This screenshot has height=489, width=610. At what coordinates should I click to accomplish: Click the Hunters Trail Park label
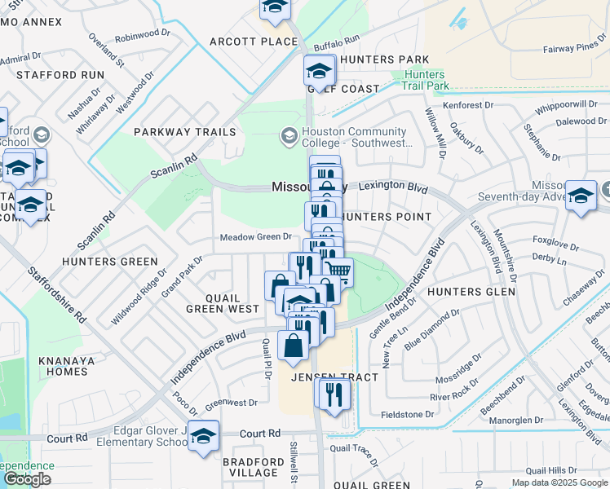[x=426, y=80]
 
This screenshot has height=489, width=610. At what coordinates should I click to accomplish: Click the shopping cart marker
[x=338, y=271]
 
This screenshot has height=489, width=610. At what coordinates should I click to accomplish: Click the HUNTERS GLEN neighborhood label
[x=471, y=291]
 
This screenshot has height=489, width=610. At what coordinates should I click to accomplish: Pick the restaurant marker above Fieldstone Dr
[x=334, y=394]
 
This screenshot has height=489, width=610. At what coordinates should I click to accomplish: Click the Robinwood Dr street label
[x=140, y=37]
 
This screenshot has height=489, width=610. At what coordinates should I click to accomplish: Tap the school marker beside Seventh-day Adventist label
[x=581, y=196]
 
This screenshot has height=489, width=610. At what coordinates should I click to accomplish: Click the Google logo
[x=27, y=479]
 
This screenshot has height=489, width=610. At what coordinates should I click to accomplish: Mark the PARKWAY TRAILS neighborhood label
[x=184, y=132]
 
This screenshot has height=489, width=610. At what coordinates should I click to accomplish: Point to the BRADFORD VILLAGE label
[x=254, y=466]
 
